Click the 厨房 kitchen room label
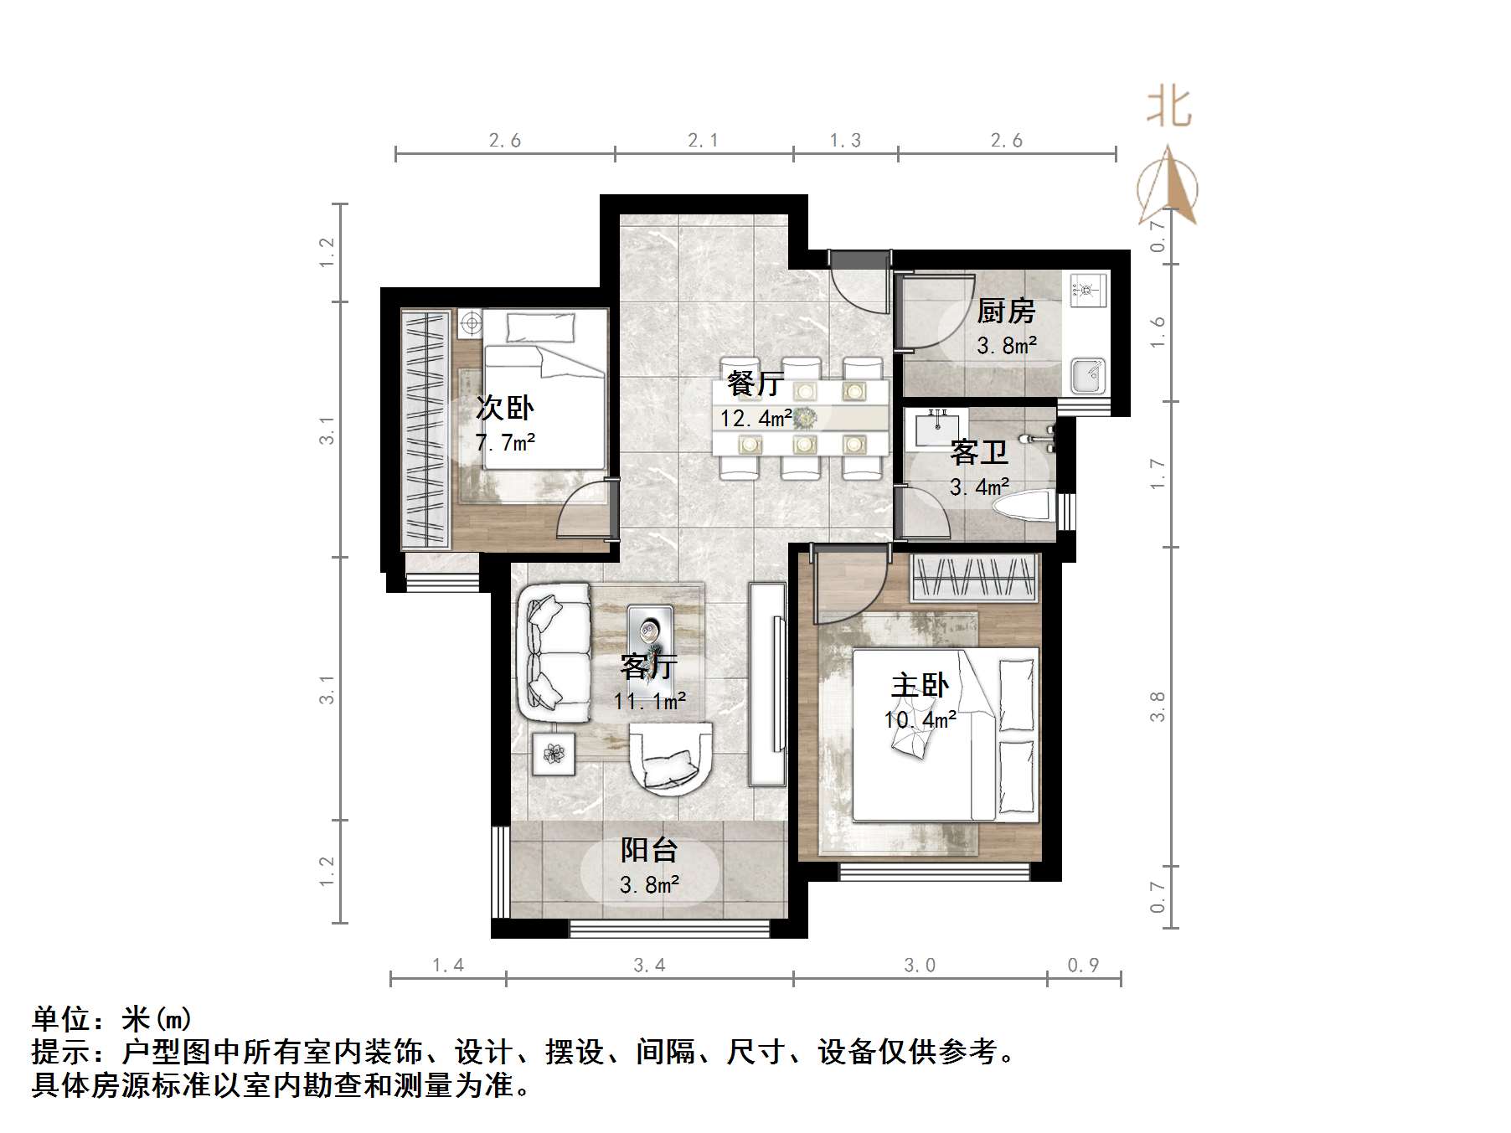pyautogui.click(x=1006, y=312)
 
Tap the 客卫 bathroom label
pyautogui.click(x=978, y=453)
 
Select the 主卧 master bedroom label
pyautogui.click(x=919, y=686)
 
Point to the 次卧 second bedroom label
pyautogui.click(x=504, y=408)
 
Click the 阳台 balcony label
pyautogui.click(x=649, y=851)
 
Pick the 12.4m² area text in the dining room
pyautogui.click(x=756, y=418)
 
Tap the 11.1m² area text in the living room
pyautogui.click(x=649, y=701)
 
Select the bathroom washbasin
pyautogui.click(x=937, y=429)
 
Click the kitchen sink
pyautogui.click(x=1088, y=375)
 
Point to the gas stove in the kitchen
pyautogui.click(x=1087, y=290)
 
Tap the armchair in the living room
pyautogui.click(x=670, y=759)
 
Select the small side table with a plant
pyautogui.click(x=553, y=754)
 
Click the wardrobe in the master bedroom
pyautogui.click(x=975, y=578)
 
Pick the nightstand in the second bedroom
pyautogui.click(x=470, y=323)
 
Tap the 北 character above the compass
pyautogui.click(x=1169, y=108)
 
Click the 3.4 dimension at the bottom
pyautogui.click(x=649, y=966)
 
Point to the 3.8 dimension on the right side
pyautogui.click(x=1158, y=706)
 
